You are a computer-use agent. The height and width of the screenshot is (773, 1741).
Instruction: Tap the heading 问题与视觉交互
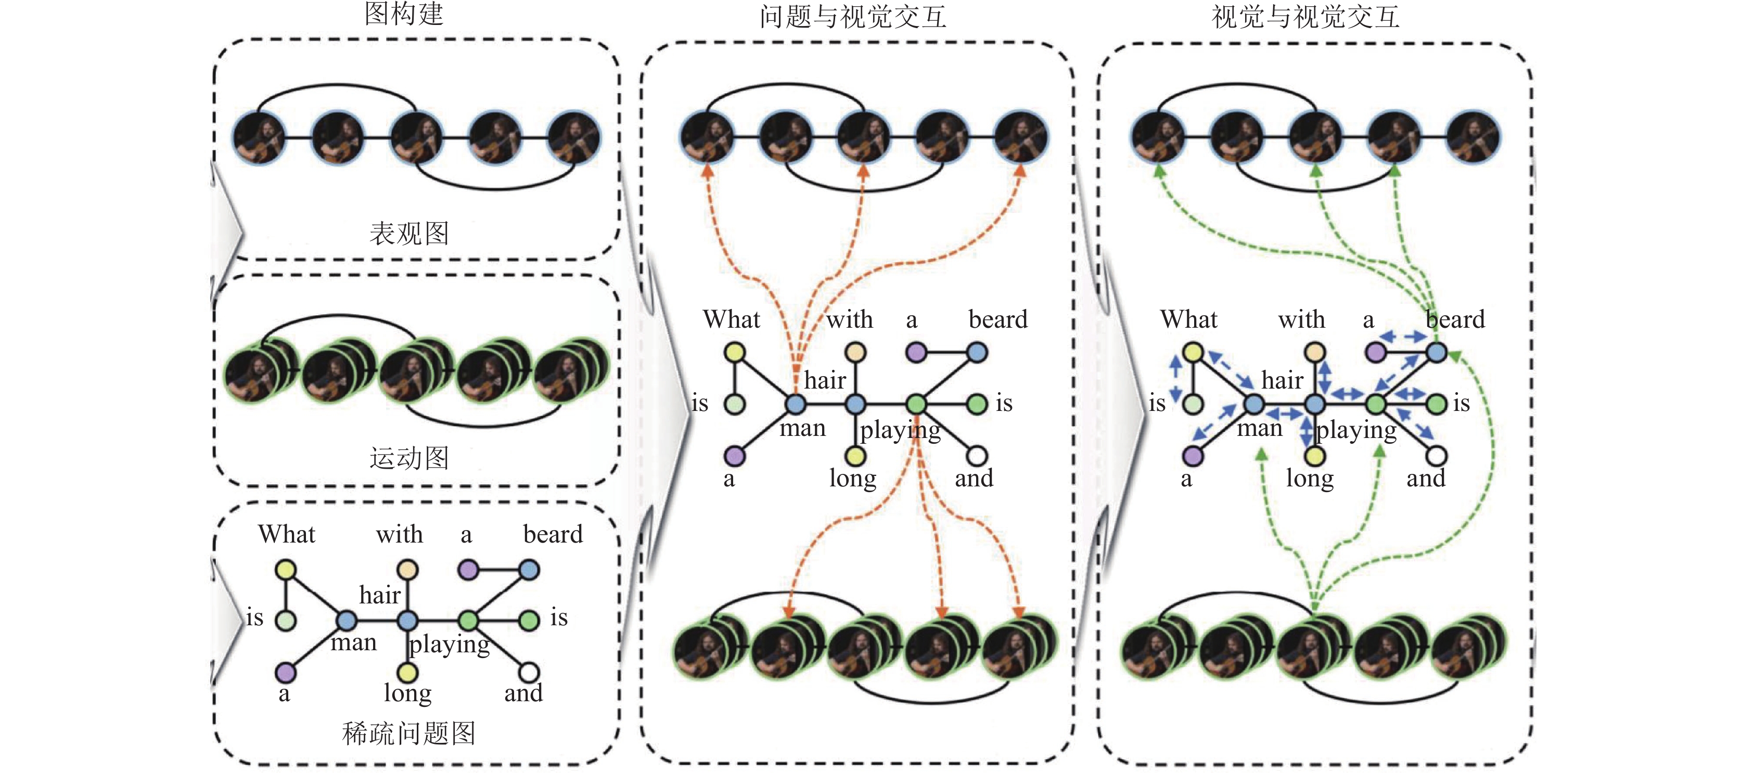[x=853, y=16]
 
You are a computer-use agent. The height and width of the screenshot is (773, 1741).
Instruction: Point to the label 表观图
[x=409, y=233]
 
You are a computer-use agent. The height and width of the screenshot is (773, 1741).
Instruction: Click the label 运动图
[x=409, y=457]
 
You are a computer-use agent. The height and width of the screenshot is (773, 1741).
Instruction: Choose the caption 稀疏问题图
[x=409, y=733]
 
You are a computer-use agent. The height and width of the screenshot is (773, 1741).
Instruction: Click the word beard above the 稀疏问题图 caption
[x=553, y=534]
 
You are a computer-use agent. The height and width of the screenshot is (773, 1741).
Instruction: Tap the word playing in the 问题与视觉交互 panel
[x=900, y=430]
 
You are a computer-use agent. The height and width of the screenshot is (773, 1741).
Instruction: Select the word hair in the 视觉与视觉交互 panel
[x=1282, y=380]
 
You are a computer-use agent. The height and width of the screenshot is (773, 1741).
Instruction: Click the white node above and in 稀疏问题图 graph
[x=529, y=672]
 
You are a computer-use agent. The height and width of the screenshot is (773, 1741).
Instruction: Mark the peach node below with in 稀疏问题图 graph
[x=407, y=570]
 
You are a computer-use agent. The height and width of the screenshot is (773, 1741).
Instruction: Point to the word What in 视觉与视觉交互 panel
[x=1189, y=319]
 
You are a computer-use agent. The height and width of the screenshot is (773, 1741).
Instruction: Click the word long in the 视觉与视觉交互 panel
[x=1310, y=479]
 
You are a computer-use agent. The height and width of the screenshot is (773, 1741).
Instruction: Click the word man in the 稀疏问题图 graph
[x=353, y=642]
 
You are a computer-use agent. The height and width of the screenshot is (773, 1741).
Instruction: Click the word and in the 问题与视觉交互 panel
[x=974, y=479]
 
